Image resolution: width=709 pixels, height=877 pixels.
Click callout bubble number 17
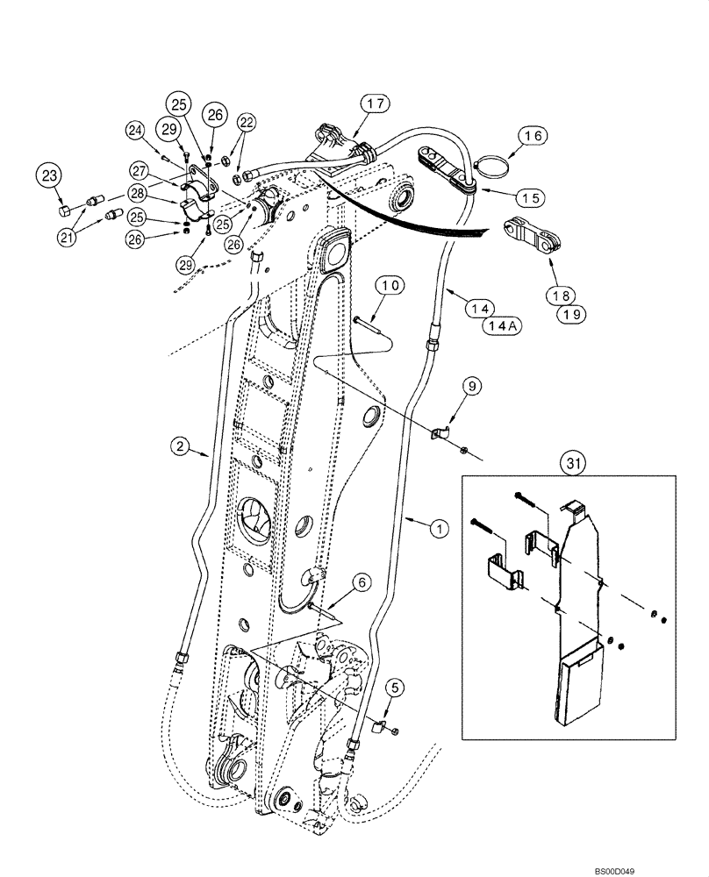pyautogui.click(x=373, y=105)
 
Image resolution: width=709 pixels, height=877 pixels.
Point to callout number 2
pyautogui.click(x=181, y=447)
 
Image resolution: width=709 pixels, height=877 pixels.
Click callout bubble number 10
pyautogui.click(x=390, y=286)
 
